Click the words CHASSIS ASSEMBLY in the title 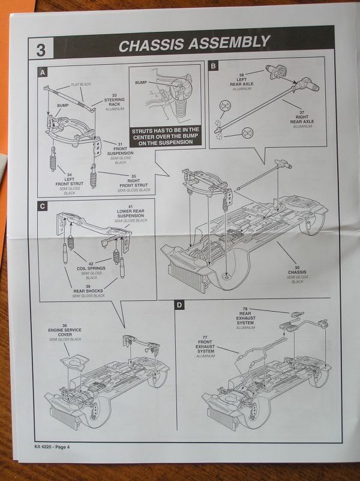click(193, 44)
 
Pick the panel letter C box click(43, 206)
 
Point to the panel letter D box click(179, 306)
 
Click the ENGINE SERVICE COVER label click(64, 333)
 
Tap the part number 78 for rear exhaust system click(245, 305)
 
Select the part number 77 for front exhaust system click(206, 339)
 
